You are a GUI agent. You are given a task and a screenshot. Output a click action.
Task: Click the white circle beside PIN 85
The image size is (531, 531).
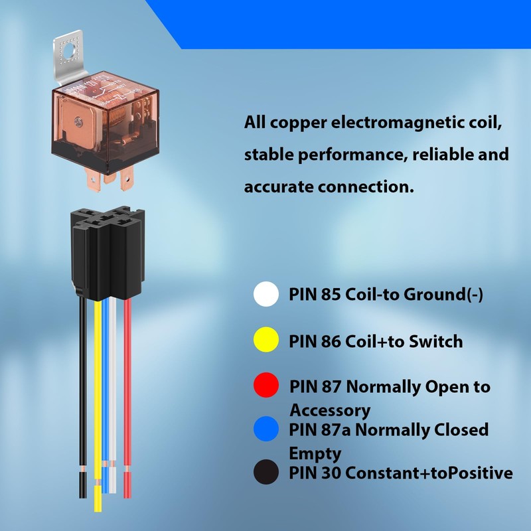[x=266, y=294]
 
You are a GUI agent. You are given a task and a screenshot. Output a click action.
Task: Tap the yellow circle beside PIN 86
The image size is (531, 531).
[x=266, y=341]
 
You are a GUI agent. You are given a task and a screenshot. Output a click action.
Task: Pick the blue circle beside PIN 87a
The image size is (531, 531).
[x=266, y=430]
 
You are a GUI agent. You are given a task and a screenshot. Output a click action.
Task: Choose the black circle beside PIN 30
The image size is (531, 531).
[x=266, y=473]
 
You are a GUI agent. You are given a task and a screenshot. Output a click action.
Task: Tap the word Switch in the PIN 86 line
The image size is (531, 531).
[x=434, y=341]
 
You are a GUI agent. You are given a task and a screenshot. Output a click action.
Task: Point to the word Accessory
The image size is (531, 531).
[x=330, y=410]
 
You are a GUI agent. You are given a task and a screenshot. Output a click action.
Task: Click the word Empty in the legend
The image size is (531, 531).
[x=315, y=454]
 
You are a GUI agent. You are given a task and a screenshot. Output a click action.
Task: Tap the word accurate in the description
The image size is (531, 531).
[x=285, y=187]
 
